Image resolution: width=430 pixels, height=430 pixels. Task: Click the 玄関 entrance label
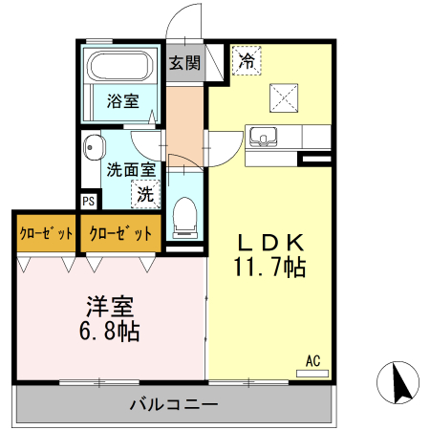pyautogui.click(x=185, y=63)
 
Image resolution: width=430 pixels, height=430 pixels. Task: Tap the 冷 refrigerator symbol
pyautogui.click(x=247, y=62)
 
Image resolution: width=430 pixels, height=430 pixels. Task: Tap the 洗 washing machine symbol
pyautogui.click(x=144, y=194)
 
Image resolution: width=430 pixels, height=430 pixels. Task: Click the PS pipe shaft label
pyautogui.click(x=88, y=201)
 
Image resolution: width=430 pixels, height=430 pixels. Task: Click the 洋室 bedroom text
pyautogui.click(x=110, y=308)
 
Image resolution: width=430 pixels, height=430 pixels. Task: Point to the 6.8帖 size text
pyautogui.click(x=110, y=332)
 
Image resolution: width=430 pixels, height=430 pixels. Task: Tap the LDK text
pyautogui.click(x=269, y=243)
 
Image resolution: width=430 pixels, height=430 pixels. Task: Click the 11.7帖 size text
pyautogui.click(x=269, y=268)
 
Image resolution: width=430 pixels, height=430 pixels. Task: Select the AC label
pyautogui.click(x=312, y=360)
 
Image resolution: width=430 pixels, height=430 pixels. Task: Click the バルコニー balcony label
pyautogui.click(x=174, y=404)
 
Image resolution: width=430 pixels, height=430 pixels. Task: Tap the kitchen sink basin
pyautogui.click(x=263, y=135)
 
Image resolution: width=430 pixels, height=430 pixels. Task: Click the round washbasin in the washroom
pyautogui.click(x=93, y=149)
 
